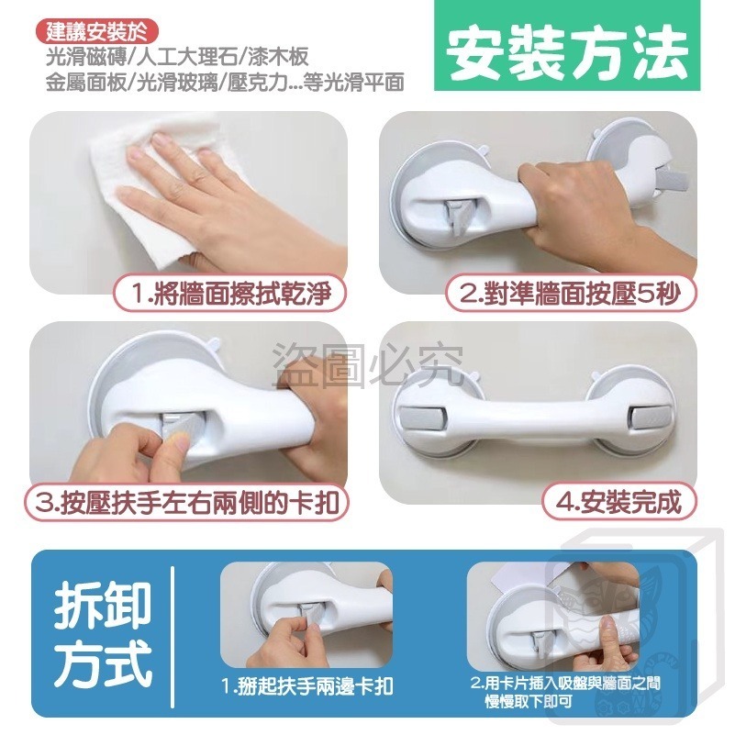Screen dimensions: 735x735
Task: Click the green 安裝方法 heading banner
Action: [568, 56]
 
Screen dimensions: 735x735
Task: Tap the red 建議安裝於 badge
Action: [98, 32]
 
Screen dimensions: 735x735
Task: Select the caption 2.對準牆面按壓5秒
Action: [571, 295]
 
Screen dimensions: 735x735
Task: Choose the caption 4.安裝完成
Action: [618, 503]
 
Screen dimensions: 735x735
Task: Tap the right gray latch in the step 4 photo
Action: [647, 418]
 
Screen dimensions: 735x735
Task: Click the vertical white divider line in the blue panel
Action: [174, 633]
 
